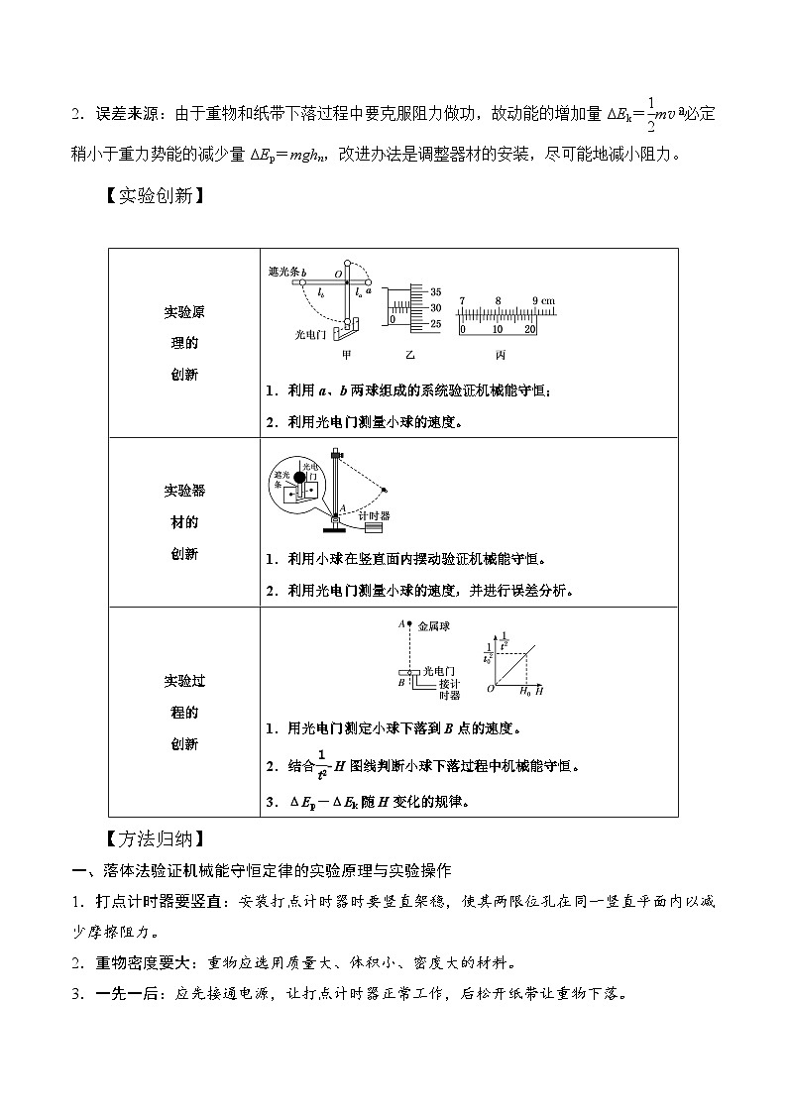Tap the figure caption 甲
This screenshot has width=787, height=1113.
(346, 354)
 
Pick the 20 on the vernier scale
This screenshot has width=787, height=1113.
(530, 329)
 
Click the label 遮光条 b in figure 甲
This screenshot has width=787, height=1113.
(287, 271)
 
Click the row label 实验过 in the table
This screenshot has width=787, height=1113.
(183, 680)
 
